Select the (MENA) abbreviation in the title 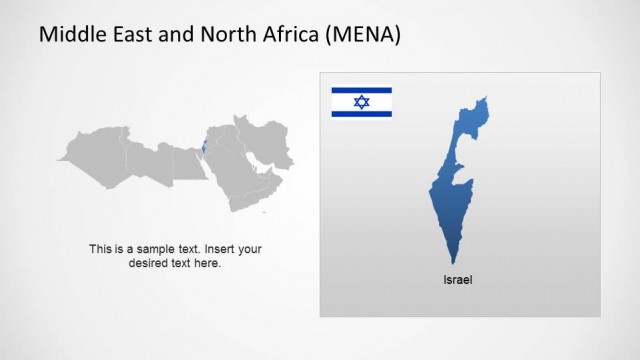click(x=364, y=35)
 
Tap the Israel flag click(x=362, y=102)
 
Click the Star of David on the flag click(x=362, y=102)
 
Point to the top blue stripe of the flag click(x=362, y=92)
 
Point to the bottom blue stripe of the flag click(x=362, y=113)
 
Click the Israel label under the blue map click(x=457, y=280)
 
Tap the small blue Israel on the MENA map click(x=204, y=149)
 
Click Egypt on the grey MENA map click(x=188, y=163)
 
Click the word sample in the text click(x=162, y=249)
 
